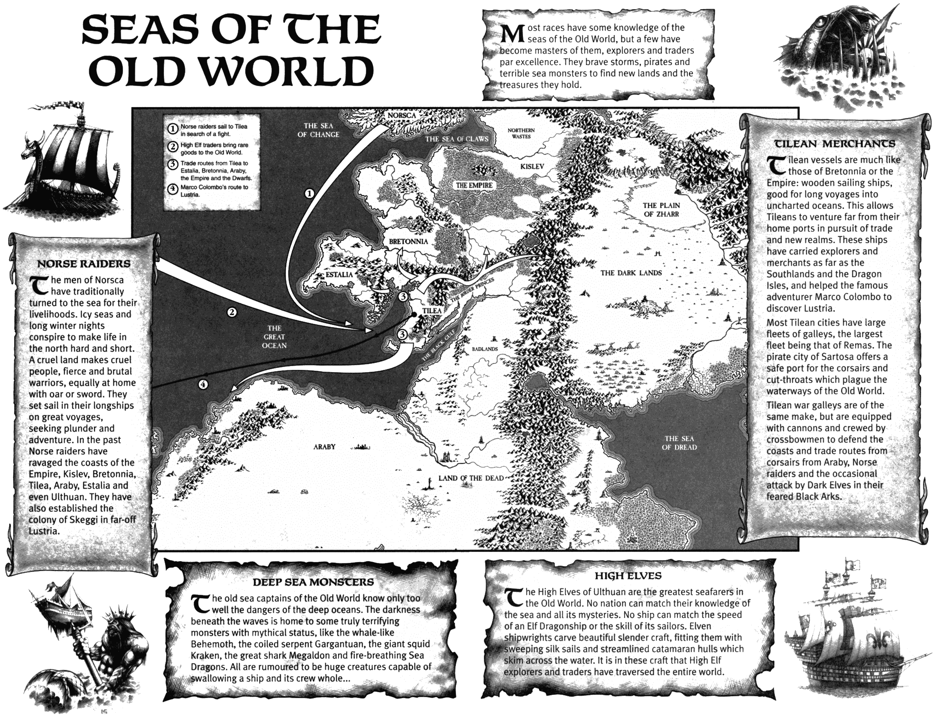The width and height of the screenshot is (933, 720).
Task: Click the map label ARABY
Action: (324, 447)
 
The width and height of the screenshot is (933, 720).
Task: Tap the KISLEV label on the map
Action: (532, 167)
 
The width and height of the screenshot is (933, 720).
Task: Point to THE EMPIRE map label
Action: (474, 185)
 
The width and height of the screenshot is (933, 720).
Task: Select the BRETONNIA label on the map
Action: (408, 241)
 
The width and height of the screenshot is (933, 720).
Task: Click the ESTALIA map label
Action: (339, 275)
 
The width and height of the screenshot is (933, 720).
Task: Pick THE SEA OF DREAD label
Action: (679, 443)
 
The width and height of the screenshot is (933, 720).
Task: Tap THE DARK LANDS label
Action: (631, 273)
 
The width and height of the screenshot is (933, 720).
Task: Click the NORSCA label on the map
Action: (402, 116)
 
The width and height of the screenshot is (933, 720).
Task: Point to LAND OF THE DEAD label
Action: (471, 478)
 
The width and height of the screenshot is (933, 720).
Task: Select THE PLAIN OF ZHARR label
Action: (661, 209)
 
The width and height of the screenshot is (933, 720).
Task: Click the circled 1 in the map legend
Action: (173, 129)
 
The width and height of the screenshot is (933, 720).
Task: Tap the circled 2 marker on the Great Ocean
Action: (232, 312)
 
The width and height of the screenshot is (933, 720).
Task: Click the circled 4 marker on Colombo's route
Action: (203, 384)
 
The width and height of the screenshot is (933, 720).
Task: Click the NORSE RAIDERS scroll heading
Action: (84, 264)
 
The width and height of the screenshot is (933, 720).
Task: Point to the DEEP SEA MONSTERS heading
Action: (313, 582)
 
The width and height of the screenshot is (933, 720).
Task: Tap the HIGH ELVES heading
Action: (628, 576)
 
